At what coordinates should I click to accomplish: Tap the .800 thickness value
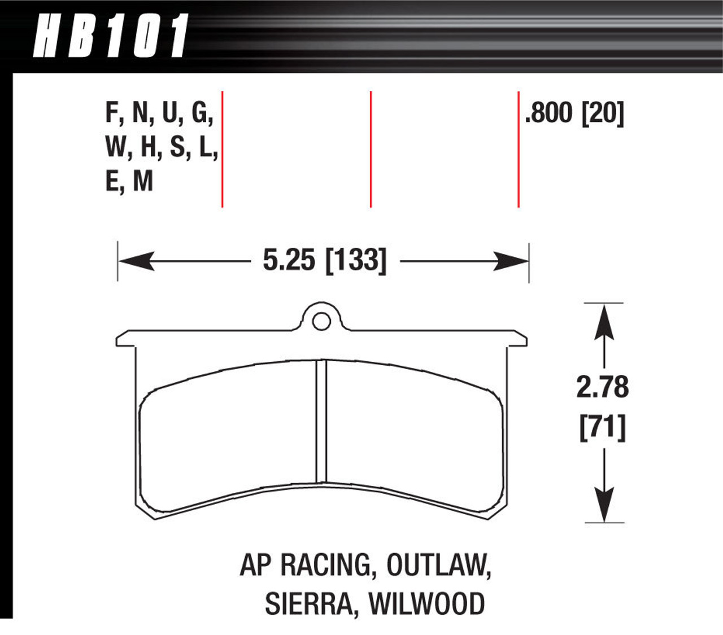pos(548,113)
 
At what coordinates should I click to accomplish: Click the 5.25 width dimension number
pos(289,260)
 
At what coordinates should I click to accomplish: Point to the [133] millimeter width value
pos(356,260)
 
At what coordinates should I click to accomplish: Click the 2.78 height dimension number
pos(602,388)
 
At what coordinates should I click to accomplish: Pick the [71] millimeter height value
pos(602,428)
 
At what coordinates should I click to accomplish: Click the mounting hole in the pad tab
pos(321,322)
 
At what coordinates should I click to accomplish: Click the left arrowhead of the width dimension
pos(136,261)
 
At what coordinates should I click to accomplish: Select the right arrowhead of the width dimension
pos(511,261)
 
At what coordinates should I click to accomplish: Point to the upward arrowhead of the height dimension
pos(604,322)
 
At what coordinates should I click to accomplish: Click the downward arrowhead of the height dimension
pos(604,503)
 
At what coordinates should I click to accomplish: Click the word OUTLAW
pos(439,565)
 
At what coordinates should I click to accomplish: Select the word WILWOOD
pos(427,604)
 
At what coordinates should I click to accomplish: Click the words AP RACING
pos(304,565)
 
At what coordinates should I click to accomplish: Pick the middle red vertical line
pos(371,149)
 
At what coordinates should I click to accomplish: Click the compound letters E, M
pos(129,182)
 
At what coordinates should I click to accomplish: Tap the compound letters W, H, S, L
pos(162,148)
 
